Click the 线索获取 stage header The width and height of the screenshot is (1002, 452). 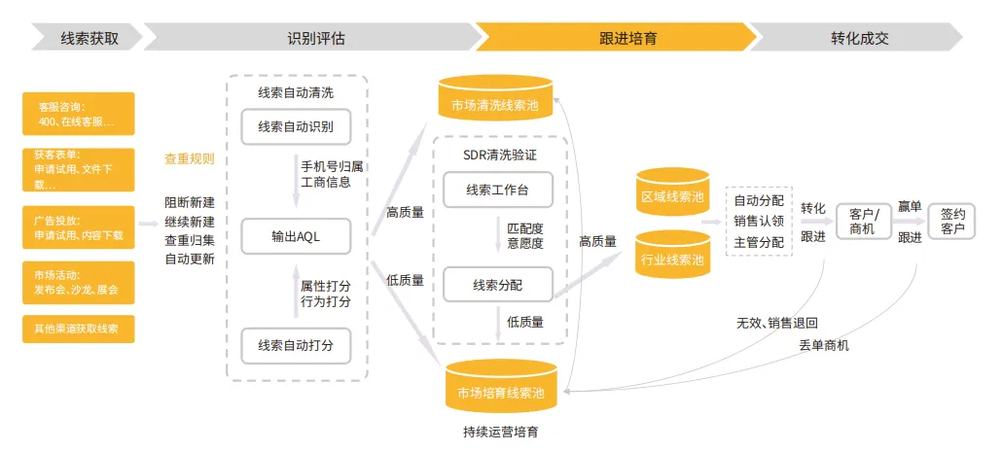point(87,38)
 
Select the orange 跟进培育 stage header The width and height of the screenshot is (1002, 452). point(617,38)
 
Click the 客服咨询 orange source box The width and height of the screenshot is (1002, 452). point(79,114)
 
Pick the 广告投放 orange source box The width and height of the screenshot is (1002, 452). point(79,226)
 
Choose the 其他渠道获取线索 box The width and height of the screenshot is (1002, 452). point(79,329)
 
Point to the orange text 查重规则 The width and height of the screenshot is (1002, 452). point(190,159)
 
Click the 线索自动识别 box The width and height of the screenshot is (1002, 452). point(296,126)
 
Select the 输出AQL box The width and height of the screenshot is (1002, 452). point(296,236)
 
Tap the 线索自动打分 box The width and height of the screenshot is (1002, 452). point(296,345)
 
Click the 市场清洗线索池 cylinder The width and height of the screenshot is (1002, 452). point(495,98)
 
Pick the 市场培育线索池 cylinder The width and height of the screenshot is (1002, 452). point(502,386)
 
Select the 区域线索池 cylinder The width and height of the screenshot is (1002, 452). point(672,191)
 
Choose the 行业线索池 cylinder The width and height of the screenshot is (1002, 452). point(672,254)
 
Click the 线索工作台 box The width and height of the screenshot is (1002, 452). point(498,190)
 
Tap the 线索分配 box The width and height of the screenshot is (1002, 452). point(498,284)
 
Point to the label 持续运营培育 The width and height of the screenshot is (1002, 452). point(501,432)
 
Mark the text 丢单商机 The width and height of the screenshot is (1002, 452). point(824,347)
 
